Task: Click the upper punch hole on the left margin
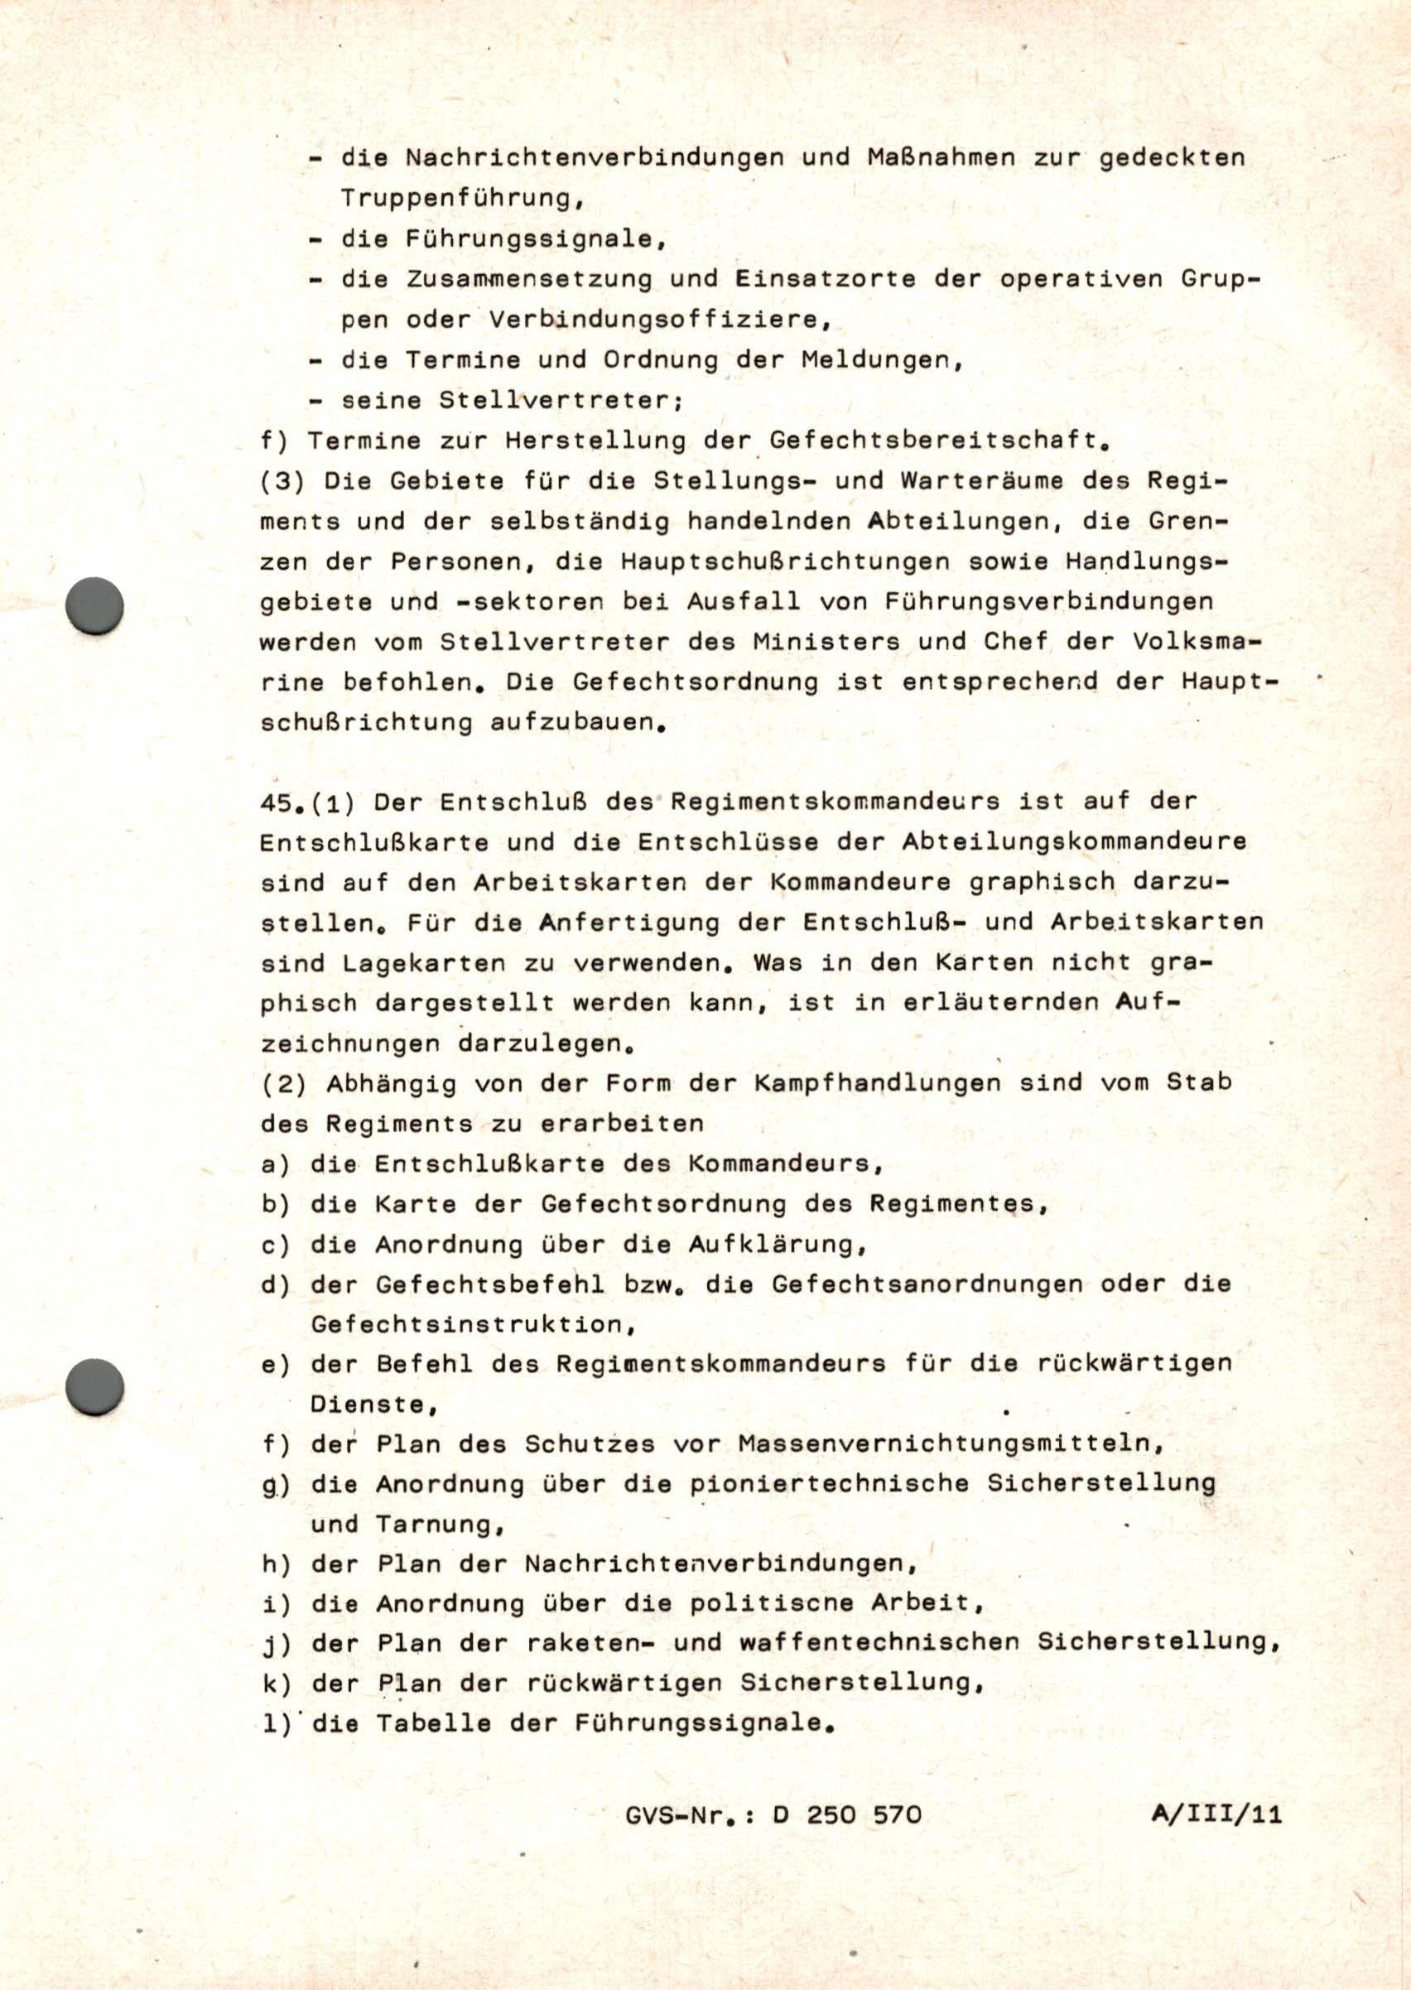(94, 605)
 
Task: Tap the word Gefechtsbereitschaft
(935, 441)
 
